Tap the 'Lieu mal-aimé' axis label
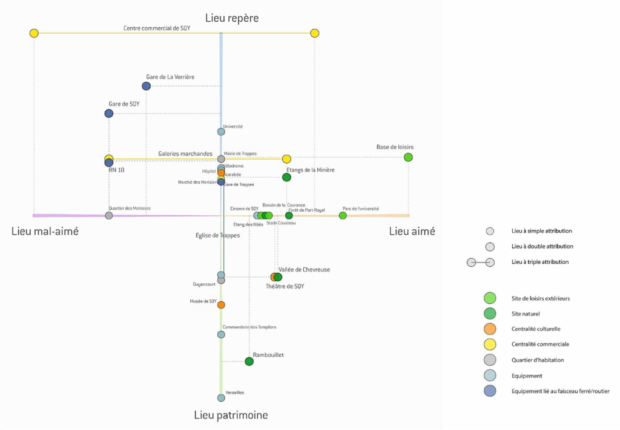pos(44,231)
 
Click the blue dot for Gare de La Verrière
pos(146,86)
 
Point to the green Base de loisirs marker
pos(408,157)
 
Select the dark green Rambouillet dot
pos(248,361)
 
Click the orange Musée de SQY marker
pos(221,304)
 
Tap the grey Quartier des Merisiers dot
pos(109,215)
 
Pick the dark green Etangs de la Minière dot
pos(287,177)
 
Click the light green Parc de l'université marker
pos(343,215)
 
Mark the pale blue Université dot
pos(221,131)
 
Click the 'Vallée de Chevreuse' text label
pos(305,270)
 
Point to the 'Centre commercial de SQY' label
pos(156,28)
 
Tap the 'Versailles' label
pos(235,393)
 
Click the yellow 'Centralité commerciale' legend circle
pos(489,343)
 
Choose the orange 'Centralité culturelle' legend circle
pos(489,328)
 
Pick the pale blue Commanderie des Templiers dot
pos(221,334)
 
